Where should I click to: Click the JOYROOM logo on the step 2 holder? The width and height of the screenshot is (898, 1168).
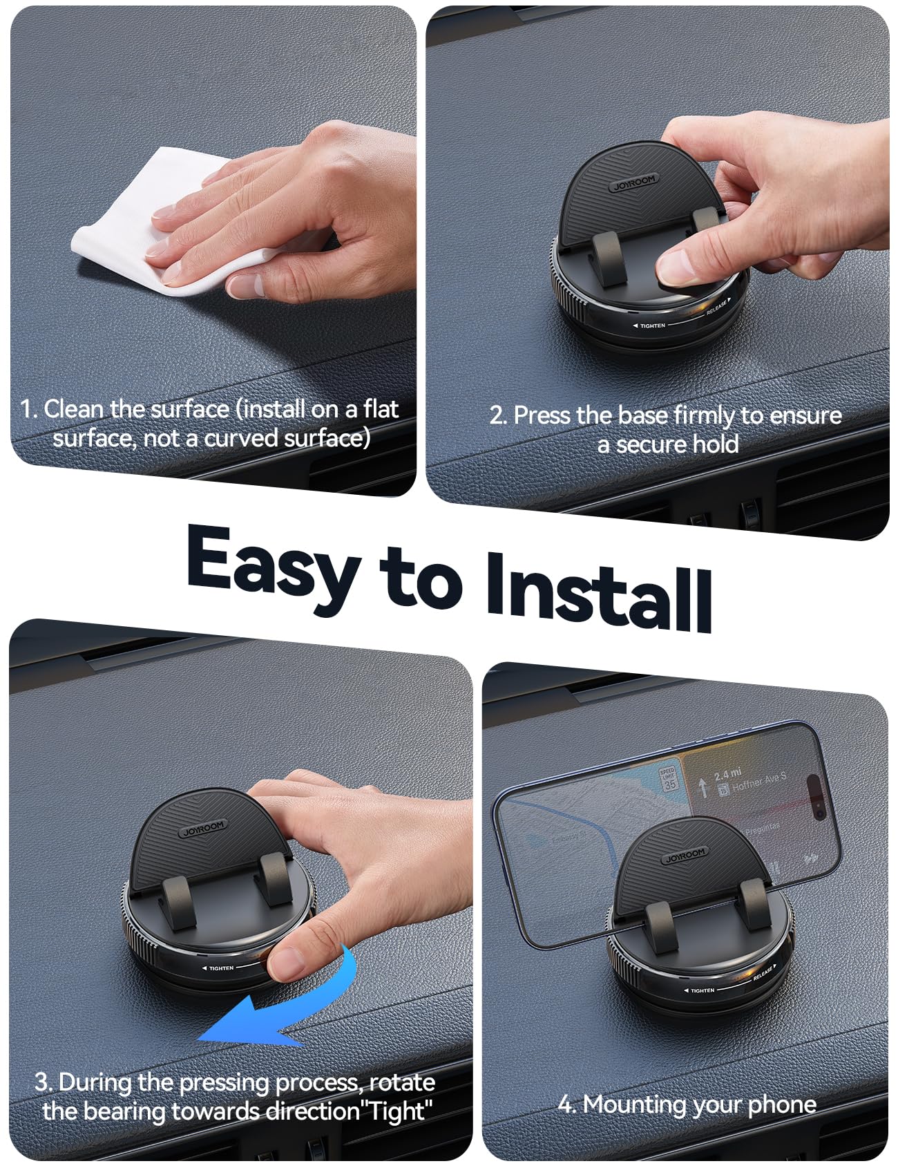633,183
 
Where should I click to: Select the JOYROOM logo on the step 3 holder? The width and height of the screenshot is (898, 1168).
203,829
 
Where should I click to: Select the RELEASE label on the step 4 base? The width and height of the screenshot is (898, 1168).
763,973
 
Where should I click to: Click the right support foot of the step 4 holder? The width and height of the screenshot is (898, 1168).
750,905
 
